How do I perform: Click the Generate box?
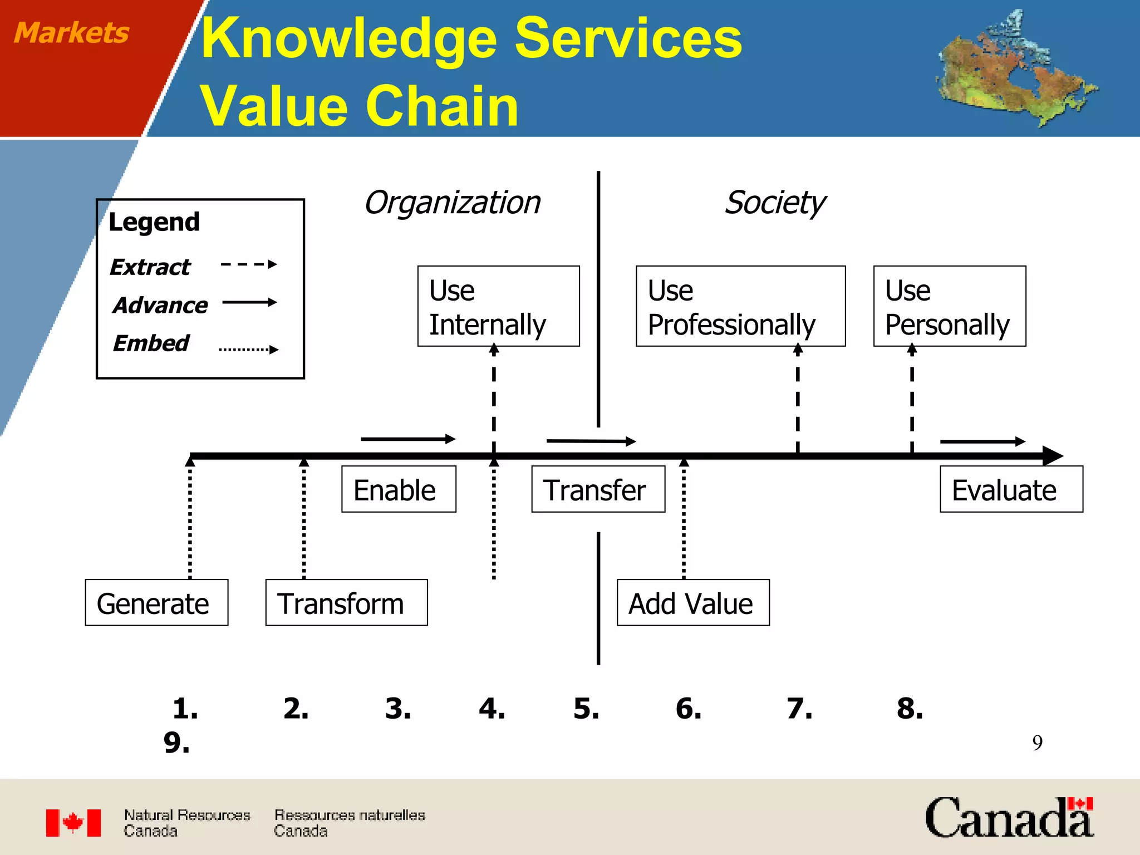[156, 602]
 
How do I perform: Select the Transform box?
[346, 602]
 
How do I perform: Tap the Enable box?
[399, 489]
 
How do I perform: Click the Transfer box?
[598, 489]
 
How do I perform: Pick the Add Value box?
[693, 602]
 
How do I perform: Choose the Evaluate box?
[1011, 489]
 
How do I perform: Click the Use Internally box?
[498, 306]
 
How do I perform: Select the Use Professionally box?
[740, 306]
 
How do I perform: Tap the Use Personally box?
[949, 306]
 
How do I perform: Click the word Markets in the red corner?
[71, 32]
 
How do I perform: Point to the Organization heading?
[452, 203]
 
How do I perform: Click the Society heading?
[775, 203]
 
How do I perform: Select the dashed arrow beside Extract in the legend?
[248, 264]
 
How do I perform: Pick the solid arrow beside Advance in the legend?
[249, 303]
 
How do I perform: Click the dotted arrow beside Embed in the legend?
[248, 350]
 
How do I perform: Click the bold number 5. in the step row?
[586, 709]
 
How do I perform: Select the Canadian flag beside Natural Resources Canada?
[73, 823]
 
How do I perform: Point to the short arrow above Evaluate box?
[982, 441]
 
